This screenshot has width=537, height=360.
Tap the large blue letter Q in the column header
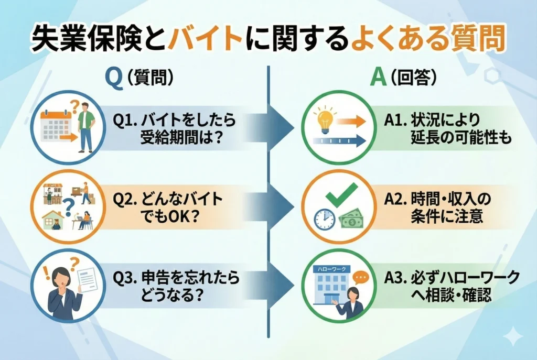[x=114, y=79]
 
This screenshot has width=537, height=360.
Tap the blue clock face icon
[x=325, y=219]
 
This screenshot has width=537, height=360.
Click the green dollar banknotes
[x=351, y=220]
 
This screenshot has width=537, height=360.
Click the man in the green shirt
[x=85, y=127]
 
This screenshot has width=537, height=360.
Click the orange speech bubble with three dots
[x=361, y=277]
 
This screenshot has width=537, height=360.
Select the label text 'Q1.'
[x=125, y=121]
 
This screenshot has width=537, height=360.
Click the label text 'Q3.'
[x=125, y=278]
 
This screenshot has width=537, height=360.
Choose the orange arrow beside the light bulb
[x=351, y=121]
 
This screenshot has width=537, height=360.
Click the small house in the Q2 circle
[x=53, y=220]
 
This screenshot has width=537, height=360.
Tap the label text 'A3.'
[x=395, y=278]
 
